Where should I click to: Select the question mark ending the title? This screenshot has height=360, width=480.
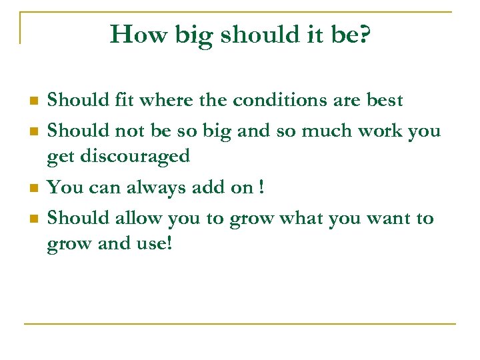364,34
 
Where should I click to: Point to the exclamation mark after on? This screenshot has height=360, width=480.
261,187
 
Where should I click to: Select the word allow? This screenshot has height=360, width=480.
139,218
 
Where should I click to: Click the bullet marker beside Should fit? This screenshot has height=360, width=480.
32,101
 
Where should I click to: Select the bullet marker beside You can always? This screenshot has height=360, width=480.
32,189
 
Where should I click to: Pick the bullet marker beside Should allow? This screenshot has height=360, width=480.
32,219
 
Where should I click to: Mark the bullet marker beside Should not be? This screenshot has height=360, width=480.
32,132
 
